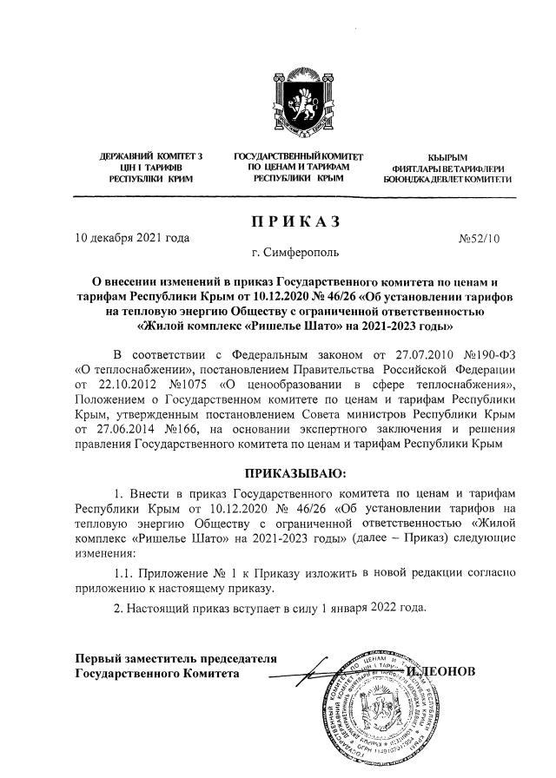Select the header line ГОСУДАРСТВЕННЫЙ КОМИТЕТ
click(x=298, y=156)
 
